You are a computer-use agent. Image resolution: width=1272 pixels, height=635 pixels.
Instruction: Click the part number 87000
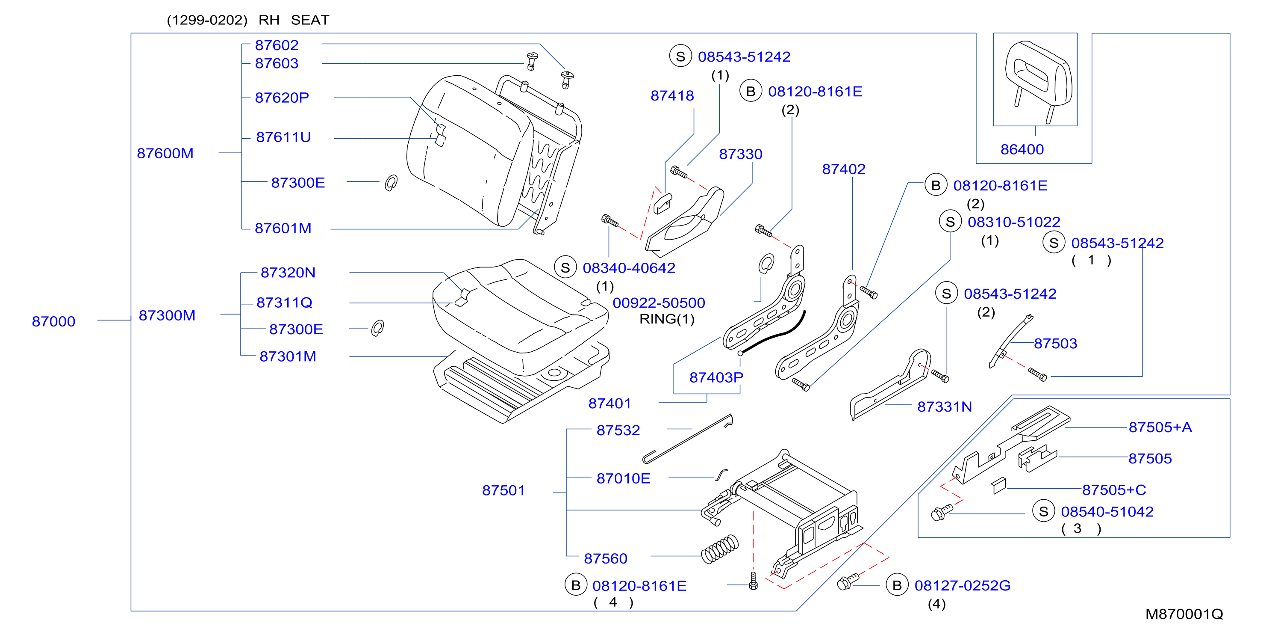coord(53,322)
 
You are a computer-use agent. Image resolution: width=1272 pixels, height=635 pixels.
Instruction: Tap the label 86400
coord(1022,150)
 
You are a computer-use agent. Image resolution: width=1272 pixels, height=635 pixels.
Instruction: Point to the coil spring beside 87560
coord(720,549)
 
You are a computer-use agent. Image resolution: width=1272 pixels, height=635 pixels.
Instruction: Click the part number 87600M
coord(165,154)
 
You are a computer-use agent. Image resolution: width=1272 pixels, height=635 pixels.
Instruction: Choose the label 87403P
coord(716,377)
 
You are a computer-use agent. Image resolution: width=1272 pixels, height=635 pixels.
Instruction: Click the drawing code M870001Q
coord(1184,614)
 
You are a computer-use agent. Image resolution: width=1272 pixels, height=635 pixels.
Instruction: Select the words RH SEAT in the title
coord(294,20)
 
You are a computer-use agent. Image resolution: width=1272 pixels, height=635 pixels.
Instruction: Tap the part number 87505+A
coord(1160,427)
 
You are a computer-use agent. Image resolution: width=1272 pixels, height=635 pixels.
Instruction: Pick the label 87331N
coord(944,407)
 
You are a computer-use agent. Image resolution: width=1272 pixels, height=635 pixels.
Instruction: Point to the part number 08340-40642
coord(629,268)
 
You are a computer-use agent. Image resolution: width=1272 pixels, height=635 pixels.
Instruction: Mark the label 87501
coord(503,491)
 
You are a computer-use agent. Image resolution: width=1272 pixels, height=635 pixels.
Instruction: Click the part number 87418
coord(672,96)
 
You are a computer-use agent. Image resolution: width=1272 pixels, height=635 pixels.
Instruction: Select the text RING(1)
coord(667,319)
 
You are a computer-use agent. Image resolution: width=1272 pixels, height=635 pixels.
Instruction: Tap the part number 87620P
coord(282,98)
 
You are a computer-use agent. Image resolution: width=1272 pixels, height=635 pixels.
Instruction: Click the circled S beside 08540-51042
coord(1043,511)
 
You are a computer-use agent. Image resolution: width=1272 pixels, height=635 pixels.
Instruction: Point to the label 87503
coord(1055,344)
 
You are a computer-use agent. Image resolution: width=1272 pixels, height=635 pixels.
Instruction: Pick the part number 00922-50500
coord(659,303)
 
